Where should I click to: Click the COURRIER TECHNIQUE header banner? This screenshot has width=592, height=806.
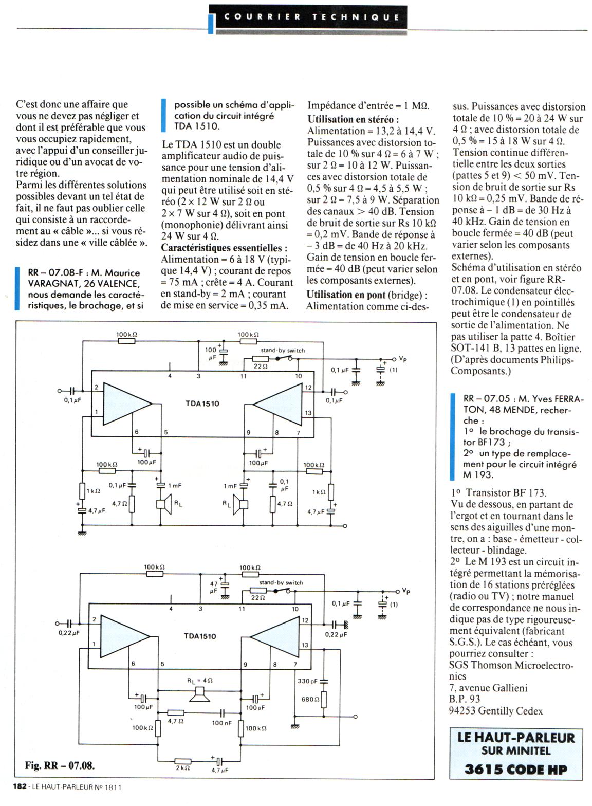(x=312, y=17)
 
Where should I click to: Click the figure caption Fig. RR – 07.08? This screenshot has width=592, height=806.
(x=60, y=765)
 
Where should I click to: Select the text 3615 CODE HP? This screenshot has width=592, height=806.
(x=516, y=769)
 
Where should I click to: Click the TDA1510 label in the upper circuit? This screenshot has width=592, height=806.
(x=202, y=404)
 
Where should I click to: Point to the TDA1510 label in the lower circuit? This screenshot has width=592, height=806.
(x=200, y=636)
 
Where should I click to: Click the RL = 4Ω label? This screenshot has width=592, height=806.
(x=199, y=681)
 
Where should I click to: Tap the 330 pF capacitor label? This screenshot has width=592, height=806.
(x=307, y=681)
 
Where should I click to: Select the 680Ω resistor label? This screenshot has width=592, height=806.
(x=310, y=699)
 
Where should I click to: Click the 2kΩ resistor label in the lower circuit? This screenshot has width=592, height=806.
(x=183, y=768)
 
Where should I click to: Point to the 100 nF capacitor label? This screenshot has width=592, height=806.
(x=221, y=723)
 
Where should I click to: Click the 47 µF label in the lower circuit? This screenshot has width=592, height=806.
(x=214, y=588)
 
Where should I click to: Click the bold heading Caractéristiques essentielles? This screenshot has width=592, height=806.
(x=224, y=248)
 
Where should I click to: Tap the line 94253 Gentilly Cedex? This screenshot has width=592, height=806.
(x=495, y=711)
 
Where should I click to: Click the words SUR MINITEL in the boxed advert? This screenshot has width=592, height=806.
(x=515, y=750)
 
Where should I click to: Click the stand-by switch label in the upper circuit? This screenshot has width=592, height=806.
(x=282, y=351)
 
